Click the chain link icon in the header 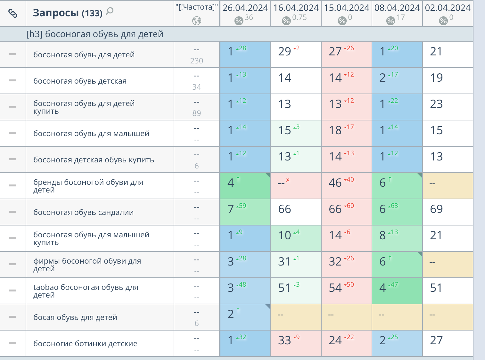coord(12,13)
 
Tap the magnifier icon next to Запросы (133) coord(110,12)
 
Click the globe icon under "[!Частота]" coord(196,21)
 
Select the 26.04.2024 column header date coord(245,8)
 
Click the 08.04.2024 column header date coord(397,8)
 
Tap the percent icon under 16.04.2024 coord(286,21)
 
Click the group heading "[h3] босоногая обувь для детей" coord(95,34)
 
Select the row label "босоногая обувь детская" coord(80,81)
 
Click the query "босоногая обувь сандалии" coord(83,212)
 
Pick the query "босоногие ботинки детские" coord(85,344)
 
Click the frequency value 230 coord(196,61)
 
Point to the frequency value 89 coord(196,113)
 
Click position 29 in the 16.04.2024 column coord(284,52)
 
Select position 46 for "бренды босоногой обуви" coord(335,183)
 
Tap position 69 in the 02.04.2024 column coord(436,209)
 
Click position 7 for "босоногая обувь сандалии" coord(231,209)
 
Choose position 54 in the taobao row coord(335,288)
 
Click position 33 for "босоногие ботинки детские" coord(284,340)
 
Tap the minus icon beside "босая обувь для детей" coord(12,317)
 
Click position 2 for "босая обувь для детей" coord(231,314)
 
